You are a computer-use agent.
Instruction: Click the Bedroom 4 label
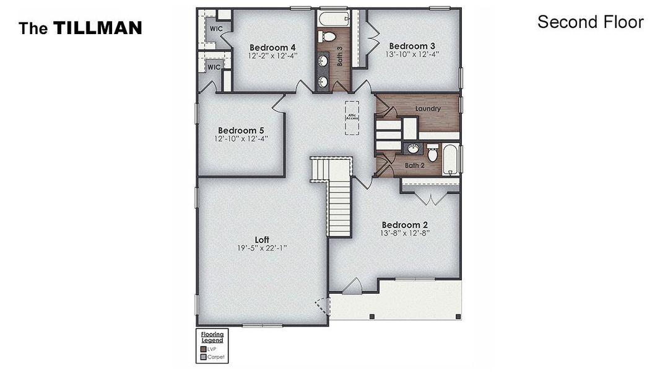coord(272,47)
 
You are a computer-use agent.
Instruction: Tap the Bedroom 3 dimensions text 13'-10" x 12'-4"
coord(412,55)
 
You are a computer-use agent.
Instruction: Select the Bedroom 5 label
coord(241,130)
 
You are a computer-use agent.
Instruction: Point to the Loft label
coord(263,239)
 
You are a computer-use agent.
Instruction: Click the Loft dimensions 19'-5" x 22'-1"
coord(263,248)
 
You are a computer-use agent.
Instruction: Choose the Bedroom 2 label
coord(405,224)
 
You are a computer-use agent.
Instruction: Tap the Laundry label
coord(428,109)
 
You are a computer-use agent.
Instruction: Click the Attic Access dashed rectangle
coord(352,115)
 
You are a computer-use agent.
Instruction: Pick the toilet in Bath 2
coord(433,153)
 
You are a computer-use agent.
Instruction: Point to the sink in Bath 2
coord(412,149)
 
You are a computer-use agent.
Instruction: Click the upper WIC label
coord(215,29)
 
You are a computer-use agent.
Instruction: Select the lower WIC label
coord(214,67)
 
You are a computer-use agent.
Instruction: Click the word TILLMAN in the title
coord(97,28)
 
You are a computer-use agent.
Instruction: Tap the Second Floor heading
coord(590,22)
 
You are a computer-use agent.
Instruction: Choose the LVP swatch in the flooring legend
coord(203,349)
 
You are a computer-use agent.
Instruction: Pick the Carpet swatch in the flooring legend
coord(203,357)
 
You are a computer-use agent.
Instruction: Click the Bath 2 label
coord(414,166)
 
